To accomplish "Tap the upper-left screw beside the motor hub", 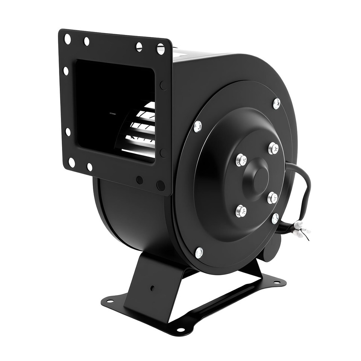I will coord(241,160).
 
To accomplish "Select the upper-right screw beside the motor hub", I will coord(273,148).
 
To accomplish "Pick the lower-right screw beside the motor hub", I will coord(273,197).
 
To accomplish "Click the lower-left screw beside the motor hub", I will coord(241,211).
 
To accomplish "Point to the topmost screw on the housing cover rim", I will coord(276,103).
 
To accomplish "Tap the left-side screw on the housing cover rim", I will coord(198,126).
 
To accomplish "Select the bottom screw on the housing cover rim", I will coord(199,253).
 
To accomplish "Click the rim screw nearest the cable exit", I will coord(275,218).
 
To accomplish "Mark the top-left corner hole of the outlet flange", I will coord(68,38).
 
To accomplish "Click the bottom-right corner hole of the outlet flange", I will coord(161,185).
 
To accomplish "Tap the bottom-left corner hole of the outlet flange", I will coord(71,163).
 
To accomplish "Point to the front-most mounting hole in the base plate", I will coord(181,330).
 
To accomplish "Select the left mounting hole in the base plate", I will coord(110,300).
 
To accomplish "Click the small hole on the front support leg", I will coord(152,289).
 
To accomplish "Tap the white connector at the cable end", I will coord(300,229).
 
